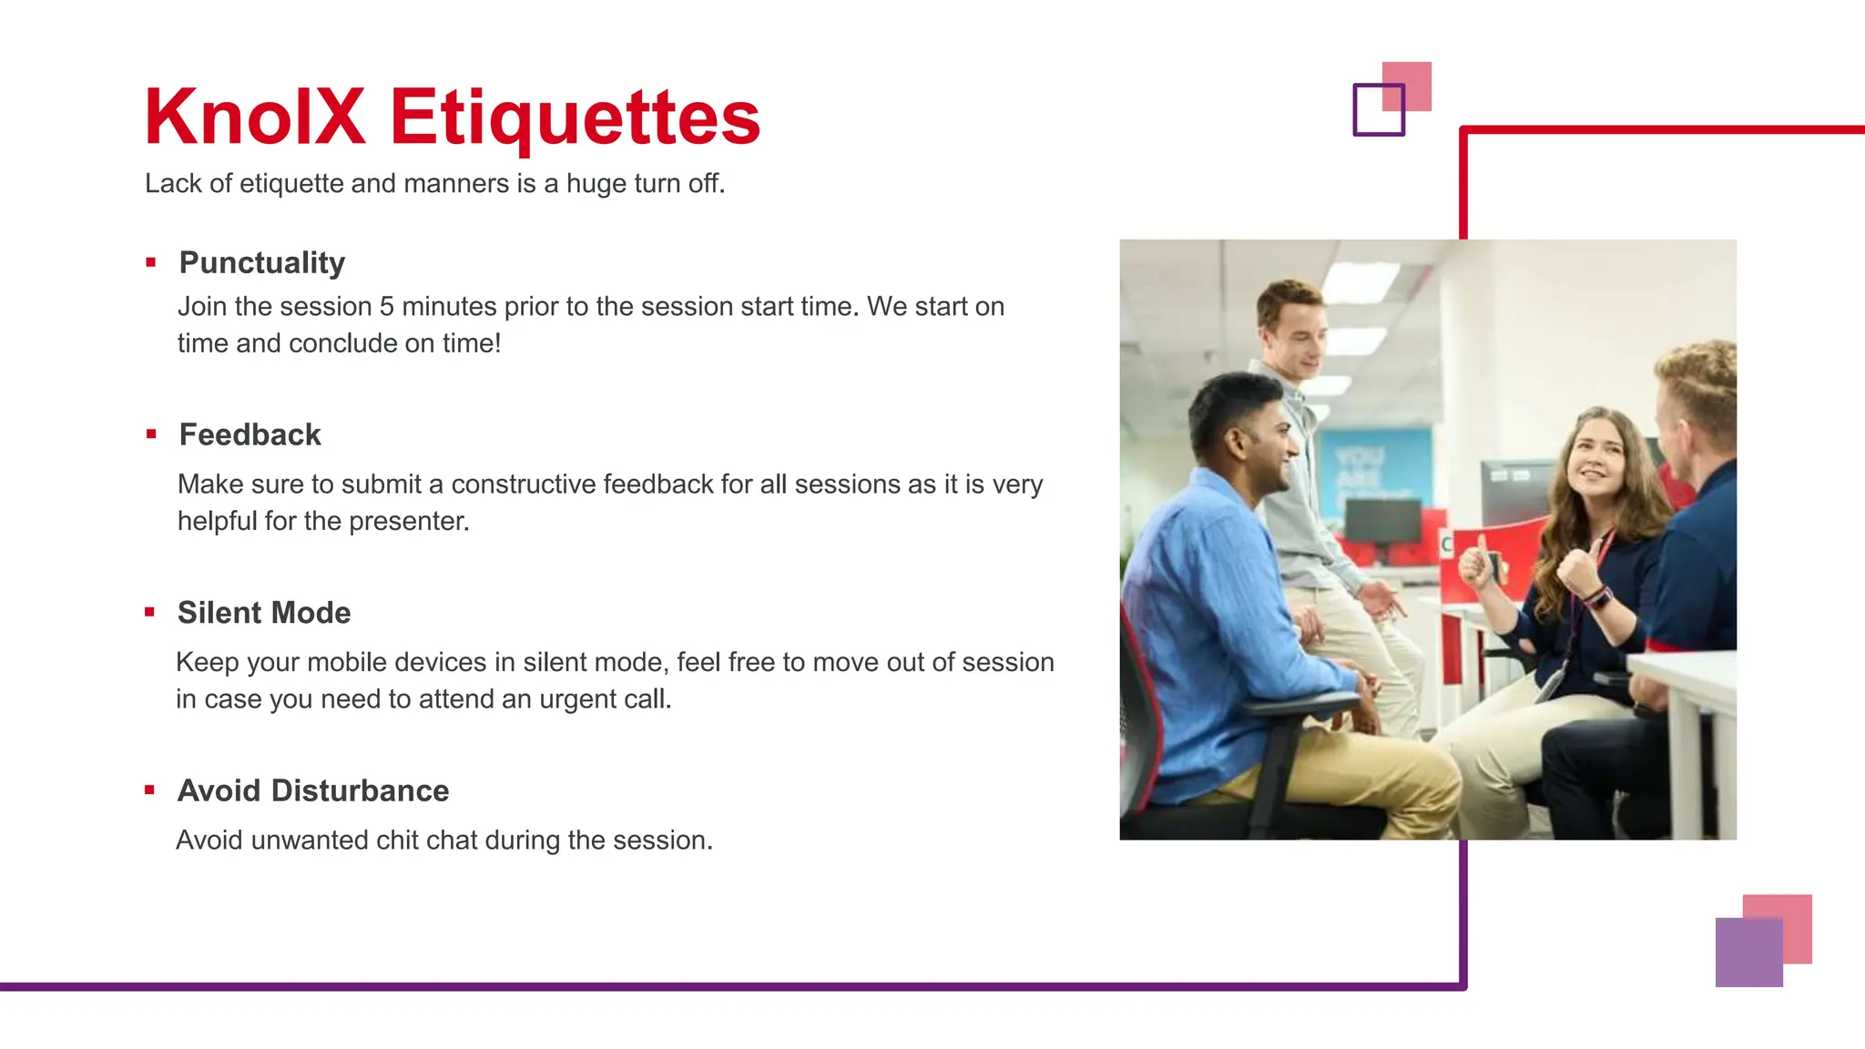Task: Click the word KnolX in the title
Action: point(255,117)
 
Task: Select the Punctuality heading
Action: point(261,262)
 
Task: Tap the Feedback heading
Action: point(250,434)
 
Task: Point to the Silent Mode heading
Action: point(263,612)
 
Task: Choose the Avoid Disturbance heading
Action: point(312,789)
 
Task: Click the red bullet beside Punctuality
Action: point(150,263)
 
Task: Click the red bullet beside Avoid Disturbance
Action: point(149,789)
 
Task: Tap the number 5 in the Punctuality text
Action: point(386,307)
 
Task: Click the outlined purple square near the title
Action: point(1378,110)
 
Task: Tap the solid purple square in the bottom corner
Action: point(1748,952)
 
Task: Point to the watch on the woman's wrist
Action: point(1599,598)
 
